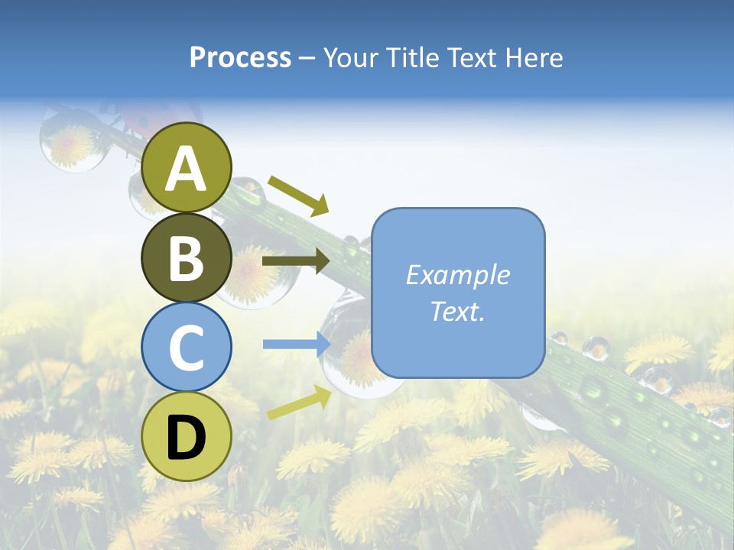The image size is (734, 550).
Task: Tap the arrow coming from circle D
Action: point(298,403)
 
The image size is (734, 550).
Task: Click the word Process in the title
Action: point(240,57)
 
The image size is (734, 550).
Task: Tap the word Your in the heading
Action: point(352,57)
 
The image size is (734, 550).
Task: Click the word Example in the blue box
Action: point(457,275)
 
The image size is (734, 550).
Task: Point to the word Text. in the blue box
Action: point(457,311)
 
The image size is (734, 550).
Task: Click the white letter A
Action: point(187,170)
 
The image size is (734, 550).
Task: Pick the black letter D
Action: point(187,438)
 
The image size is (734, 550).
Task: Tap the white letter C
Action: point(187,348)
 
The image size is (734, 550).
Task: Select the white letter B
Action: point(187,259)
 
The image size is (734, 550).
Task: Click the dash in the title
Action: point(307,58)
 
